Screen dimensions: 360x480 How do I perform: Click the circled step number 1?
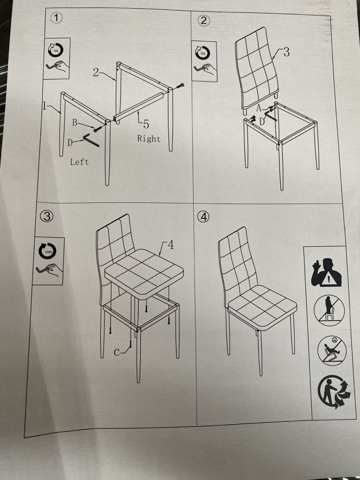pyautogui.click(x=56, y=18)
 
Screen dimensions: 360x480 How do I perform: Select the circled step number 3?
pyautogui.click(x=47, y=217)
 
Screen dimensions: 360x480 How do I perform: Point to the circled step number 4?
pyautogui.click(x=203, y=217)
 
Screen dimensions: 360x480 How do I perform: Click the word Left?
pyautogui.click(x=79, y=162)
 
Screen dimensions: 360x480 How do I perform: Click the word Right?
pyautogui.click(x=149, y=139)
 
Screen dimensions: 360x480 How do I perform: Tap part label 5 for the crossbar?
pyautogui.click(x=146, y=124)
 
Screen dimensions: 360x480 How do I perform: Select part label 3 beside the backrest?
pyautogui.click(x=286, y=52)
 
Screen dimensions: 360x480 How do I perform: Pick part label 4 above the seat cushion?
pyautogui.click(x=171, y=245)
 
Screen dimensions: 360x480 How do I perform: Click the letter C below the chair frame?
pyautogui.click(x=117, y=352)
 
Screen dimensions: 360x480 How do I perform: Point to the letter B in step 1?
pyautogui.click(x=75, y=123)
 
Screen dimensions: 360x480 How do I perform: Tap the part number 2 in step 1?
pyautogui.click(x=96, y=73)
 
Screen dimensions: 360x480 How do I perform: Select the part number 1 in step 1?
pyautogui.click(x=44, y=106)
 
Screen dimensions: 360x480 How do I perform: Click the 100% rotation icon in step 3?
pyautogui.click(x=48, y=251)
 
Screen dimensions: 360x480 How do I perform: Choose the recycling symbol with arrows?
pyautogui.click(x=334, y=391)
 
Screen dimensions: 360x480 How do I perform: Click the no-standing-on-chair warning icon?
pyautogui.click(x=329, y=310)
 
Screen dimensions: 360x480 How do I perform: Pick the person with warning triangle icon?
pyautogui.click(x=326, y=272)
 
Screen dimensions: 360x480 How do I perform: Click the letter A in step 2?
pyautogui.click(x=259, y=108)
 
